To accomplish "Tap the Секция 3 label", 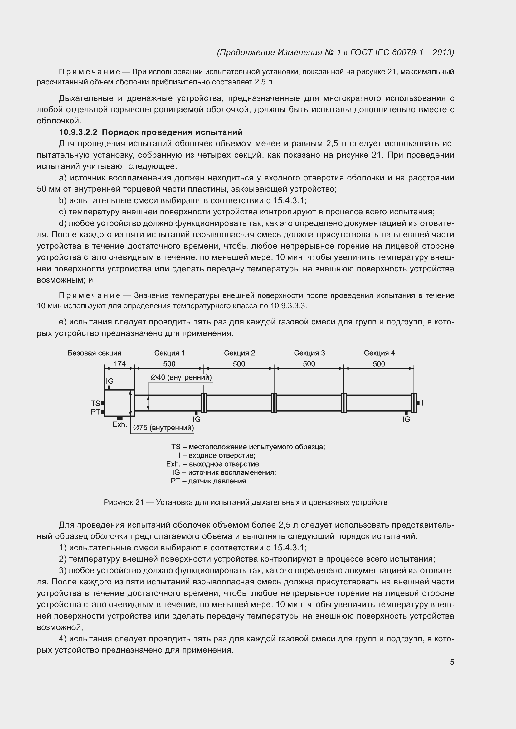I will pos(309,353).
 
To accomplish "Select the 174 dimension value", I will pos(119,363).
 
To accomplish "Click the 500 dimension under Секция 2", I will pos(239,363).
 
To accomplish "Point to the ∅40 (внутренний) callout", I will pos(181,377).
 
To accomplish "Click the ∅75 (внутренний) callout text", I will pos(163,428).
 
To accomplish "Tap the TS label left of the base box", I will pos(95,403).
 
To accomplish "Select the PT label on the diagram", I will pos(95,412).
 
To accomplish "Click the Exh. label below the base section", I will pos(119,424).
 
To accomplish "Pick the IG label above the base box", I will pos(110,381).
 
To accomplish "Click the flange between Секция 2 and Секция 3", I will pos(274,403).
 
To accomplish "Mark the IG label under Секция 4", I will pos(406,420).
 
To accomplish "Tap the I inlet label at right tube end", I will pos(422,403).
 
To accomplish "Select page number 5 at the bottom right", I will pos(452,662).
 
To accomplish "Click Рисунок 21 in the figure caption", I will pos(124,502).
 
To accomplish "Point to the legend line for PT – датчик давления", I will pos(208,481).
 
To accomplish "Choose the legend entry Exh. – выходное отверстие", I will pos(213,464).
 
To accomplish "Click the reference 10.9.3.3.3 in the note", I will pos(288,306).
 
